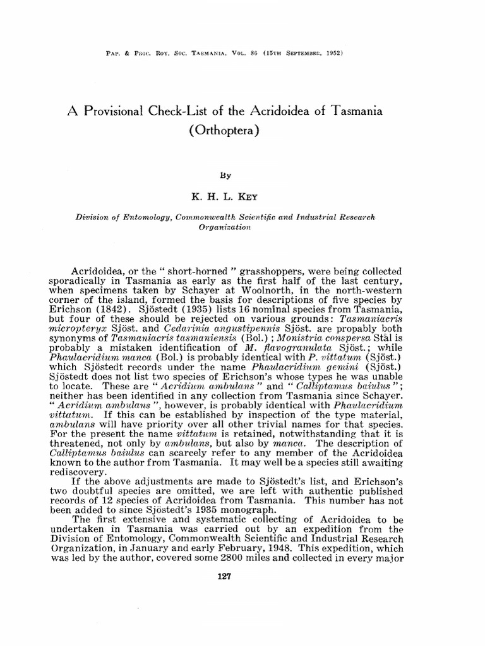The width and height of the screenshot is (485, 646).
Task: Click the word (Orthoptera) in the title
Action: [224, 133]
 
